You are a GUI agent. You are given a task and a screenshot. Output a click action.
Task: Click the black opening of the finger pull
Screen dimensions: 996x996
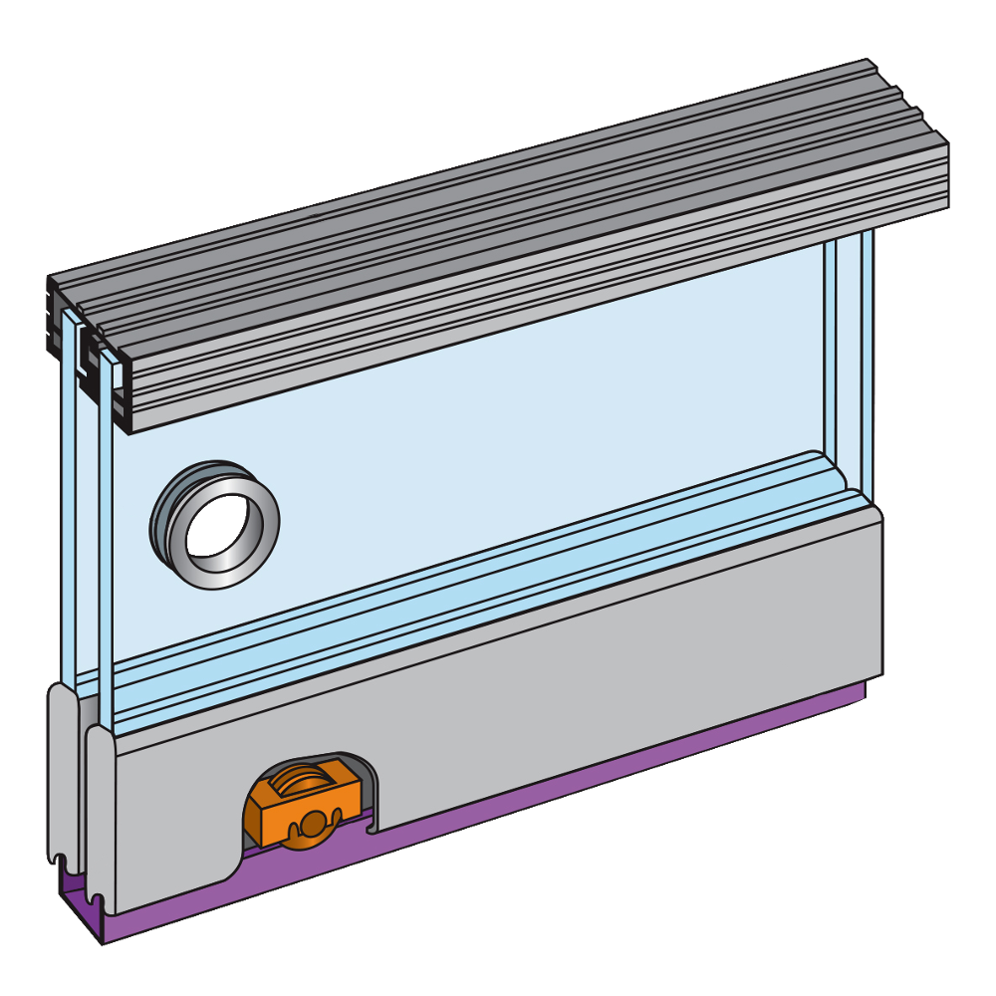212,523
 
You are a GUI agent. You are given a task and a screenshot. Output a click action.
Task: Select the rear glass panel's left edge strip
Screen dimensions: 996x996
67,498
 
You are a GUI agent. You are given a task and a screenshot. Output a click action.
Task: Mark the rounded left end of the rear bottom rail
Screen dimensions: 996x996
60,777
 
